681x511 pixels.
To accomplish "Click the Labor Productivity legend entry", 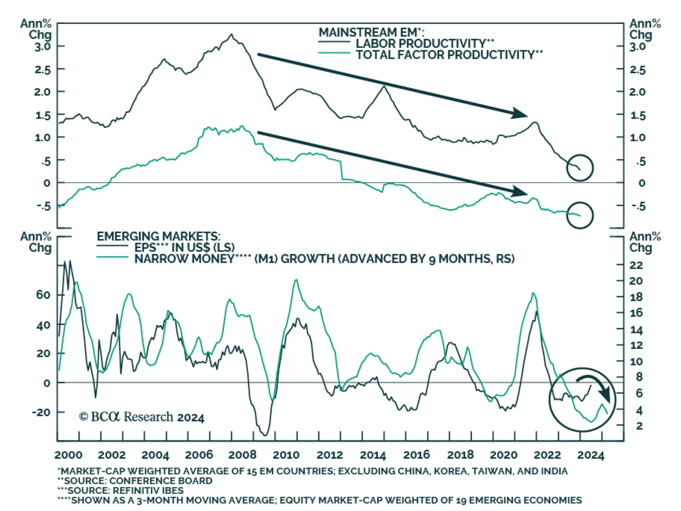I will (425, 43).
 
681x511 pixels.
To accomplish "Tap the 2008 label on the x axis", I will (242, 455).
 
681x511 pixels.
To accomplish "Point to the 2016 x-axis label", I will (416, 455).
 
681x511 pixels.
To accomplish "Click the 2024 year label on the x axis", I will (590, 455).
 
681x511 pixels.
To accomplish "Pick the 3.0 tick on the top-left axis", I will (43, 46).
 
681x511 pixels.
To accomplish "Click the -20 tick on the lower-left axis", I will (41, 412).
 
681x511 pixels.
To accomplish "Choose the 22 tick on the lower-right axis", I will (636, 265).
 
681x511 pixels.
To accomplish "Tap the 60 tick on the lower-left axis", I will (43, 295).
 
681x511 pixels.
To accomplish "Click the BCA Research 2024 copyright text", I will (142, 417).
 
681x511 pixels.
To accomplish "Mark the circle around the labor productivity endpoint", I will (580, 168).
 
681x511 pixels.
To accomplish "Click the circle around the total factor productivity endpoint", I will (580, 215).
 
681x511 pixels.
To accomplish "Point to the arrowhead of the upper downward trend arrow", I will (520, 113).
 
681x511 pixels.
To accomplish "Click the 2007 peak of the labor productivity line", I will (231, 34).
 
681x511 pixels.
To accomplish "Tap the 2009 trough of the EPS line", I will (265, 435).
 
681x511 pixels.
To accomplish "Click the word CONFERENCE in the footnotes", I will (139, 481).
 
